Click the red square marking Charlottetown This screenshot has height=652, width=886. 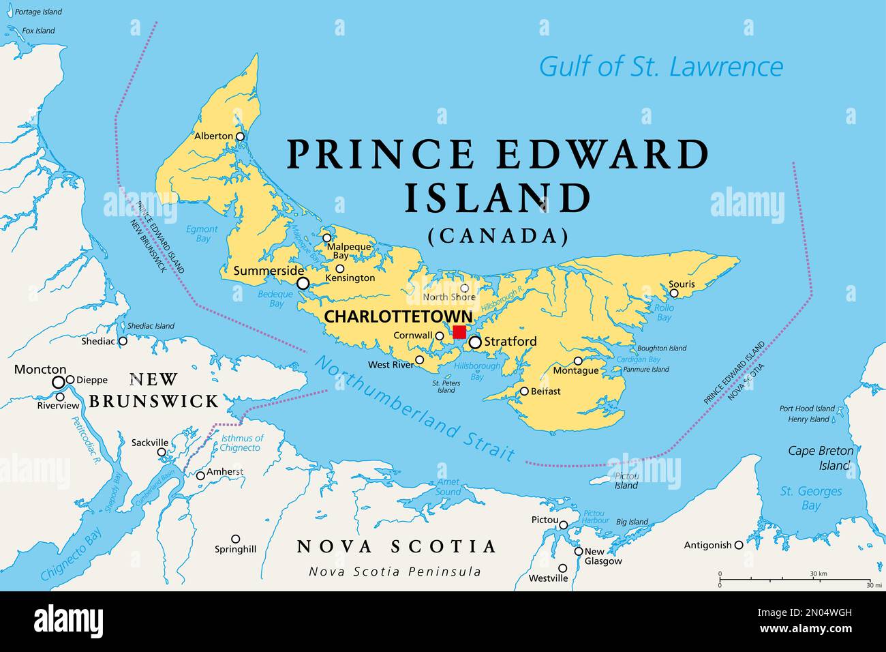click(x=460, y=332)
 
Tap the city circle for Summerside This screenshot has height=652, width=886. click(x=303, y=283)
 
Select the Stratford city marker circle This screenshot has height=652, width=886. click(x=474, y=342)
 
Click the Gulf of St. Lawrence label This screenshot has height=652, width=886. click(x=660, y=67)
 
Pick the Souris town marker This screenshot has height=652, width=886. click(x=674, y=293)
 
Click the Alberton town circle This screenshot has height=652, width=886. click(x=240, y=136)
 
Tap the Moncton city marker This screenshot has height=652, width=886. click(x=59, y=382)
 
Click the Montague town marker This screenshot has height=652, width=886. click(x=578, y=361)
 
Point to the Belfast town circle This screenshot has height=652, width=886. click(x=524, y=391)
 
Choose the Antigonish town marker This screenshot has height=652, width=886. click(x=738, y=546)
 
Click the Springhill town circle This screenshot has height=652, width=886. click(x=235, y=539)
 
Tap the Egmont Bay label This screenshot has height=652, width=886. click(x=202, y=234)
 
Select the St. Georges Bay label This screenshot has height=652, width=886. click(x=811, y=498)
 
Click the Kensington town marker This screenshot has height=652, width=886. click(x=339, y=269)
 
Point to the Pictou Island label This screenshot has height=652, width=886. click(x=626, y=480)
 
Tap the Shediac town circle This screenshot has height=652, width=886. click(x=123, y=341)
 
